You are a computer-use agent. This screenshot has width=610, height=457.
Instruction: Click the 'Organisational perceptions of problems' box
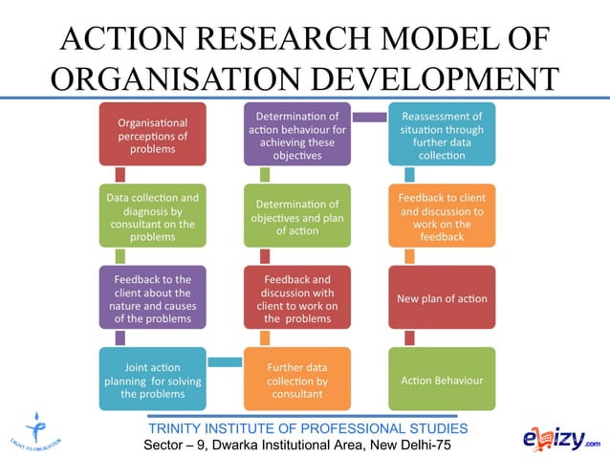click(x=152, y=135)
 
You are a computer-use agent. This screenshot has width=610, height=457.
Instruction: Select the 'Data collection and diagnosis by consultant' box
click(x=152, y=217)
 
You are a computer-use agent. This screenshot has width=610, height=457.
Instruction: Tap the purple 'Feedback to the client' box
click(x=152, y=298)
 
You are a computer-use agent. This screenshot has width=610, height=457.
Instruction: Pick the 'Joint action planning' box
click(x=152, y=380)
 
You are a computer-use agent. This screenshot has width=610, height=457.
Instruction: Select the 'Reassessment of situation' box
click(x=441, y=135)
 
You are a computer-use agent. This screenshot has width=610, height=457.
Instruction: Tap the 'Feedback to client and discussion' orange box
click(x=441, y=217)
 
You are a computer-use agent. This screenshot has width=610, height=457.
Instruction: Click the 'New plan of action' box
click(x=441, y=298)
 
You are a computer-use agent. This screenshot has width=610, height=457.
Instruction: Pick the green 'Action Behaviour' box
click(x=441, y=380)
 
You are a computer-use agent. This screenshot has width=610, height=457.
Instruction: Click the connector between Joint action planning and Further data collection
click(x=225, y=361)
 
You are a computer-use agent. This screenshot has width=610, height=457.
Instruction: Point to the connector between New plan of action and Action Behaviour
click(x=410, y=338)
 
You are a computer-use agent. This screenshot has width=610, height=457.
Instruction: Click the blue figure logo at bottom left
click(x=38, y=427)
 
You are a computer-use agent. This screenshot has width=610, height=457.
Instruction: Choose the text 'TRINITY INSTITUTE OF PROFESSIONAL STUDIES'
click(x=308, y=427)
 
